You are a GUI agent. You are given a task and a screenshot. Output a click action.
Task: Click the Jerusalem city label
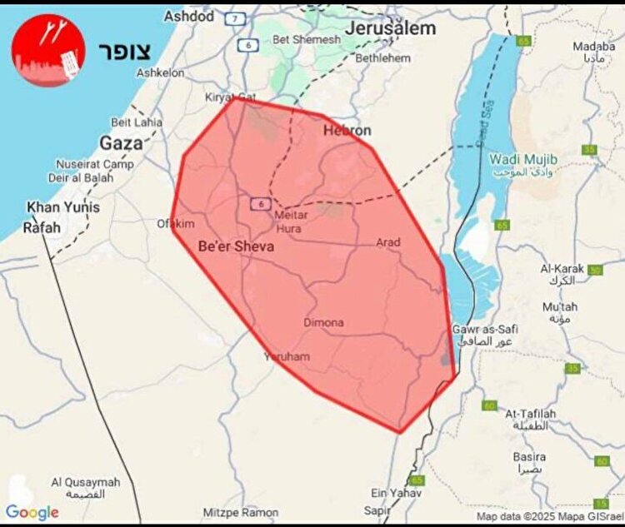coord(390,28)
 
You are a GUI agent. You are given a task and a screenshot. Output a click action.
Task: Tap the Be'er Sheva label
coord(236,246)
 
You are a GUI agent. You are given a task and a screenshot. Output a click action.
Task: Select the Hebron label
coord(347,131)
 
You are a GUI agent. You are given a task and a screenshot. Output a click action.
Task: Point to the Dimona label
coord(323,322)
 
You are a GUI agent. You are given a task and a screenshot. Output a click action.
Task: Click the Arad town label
coord(388,242)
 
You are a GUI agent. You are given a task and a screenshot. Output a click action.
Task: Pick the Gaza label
coord(122,142)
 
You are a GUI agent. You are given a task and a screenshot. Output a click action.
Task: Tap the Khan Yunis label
coord(63,207)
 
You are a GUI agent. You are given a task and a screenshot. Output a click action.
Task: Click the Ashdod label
coord(188,16)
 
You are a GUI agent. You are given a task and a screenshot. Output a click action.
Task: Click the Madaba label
coord(594,47)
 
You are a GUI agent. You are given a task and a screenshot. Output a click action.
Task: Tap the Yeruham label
coord(286,356)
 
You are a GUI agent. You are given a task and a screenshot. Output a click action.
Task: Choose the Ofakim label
coord(176,223)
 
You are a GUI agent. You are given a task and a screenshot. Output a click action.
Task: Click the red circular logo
coord(48,50)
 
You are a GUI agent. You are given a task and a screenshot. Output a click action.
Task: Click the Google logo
coord(32,512)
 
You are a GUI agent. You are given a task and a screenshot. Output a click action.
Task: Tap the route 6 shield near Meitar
coord(261,203)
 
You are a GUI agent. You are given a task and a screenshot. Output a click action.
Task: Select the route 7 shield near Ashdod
coord(237,18)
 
